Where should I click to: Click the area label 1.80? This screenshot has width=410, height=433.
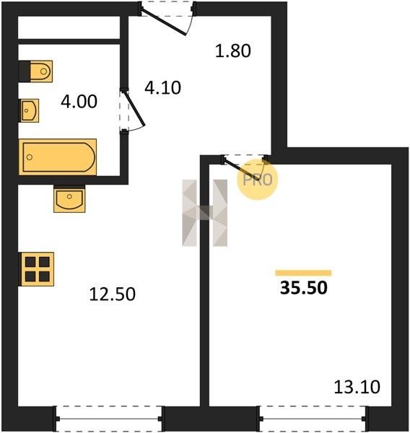tap(233, 51)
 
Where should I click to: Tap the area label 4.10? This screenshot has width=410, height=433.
tap(162, 88)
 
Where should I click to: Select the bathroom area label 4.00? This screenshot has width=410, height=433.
tap(79, 101)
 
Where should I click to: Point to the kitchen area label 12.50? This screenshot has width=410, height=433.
tap(113, 294)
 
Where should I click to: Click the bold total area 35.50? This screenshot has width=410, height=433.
tap(304, 288)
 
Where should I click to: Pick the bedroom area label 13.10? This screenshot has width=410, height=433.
tap(357, 387)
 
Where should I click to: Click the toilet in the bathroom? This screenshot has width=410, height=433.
tap(35, 71)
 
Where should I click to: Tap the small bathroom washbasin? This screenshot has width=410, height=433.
tap(29, 110)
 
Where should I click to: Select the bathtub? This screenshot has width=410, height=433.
tap(58, 157)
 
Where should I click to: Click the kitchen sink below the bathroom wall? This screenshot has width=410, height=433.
tap(69, 199)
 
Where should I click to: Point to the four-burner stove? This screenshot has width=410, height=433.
tap(36, 269)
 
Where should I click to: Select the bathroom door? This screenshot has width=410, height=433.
tap(131, 110)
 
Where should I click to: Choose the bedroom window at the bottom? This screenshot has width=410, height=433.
tap(313, 419)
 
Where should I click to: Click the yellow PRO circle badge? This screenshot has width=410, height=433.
tap(258, 180)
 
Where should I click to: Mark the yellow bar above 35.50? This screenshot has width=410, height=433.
tap(303, 273)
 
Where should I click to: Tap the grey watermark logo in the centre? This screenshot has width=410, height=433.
tap(205, 213)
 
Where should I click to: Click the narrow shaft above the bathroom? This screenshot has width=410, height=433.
tap(69, 27)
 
